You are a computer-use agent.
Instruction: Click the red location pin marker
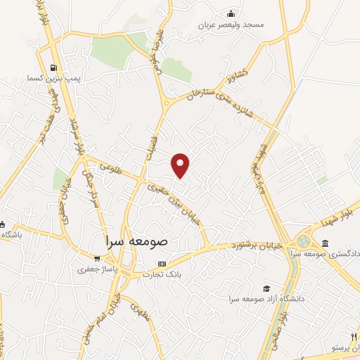pos(181,165)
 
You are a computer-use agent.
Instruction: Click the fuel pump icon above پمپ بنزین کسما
pos(53,69)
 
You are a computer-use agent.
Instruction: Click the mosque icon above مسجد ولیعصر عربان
pos(231,13)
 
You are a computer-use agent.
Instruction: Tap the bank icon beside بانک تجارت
pos(162,265)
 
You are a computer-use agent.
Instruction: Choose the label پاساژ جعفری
pos(96,269)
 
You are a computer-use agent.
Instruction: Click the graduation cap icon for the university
pos(266,288)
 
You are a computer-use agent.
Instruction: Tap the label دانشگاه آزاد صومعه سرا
pos(266,299)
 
